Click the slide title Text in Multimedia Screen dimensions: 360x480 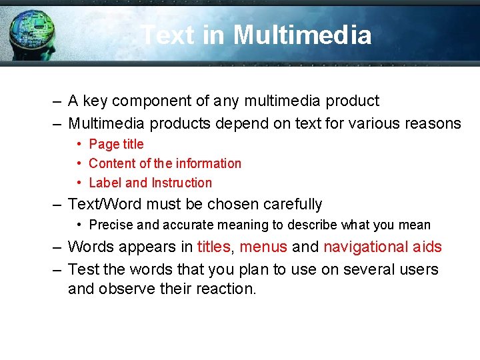pos(257,35)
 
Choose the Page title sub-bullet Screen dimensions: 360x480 pos(116,144)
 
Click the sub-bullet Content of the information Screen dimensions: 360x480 pos(165,163)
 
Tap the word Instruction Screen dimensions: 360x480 pos(181,183)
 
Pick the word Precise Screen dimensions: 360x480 pos(111,225)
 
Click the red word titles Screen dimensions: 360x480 pos(213,247)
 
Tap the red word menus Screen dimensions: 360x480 pos(263,247)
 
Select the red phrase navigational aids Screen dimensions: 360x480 pos(383,247)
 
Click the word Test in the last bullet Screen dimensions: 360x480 pos(82,269)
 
